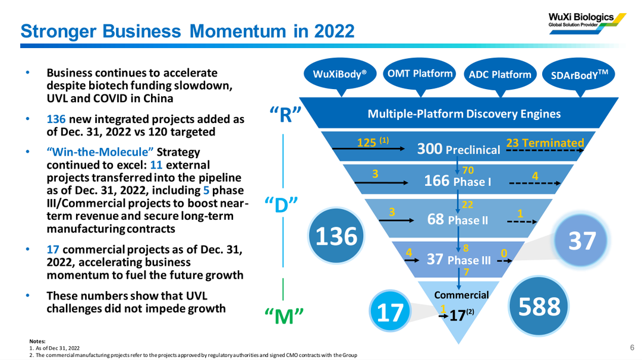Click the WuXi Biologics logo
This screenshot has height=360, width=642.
click(587, 23)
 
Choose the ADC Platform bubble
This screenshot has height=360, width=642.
click(500, 75)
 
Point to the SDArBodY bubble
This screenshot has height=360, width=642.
click(579, 75)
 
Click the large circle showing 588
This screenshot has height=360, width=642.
click(539, 305)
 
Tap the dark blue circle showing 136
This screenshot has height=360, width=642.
click(336, 236)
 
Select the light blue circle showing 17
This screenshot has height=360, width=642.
click(389, 312)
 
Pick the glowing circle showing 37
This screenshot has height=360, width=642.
click(582, 240)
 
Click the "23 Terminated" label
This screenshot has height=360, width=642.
click(545, 143)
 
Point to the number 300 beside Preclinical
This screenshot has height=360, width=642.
click(430, 149)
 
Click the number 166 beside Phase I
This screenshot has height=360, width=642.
click(436, 181)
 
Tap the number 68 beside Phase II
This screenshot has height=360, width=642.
click(436, 219)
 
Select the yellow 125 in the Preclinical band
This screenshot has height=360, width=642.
click(366, 143)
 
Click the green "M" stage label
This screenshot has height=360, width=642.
click(284, 316)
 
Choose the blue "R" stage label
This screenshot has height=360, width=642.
click(285, 115)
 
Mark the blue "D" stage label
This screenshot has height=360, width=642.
click(281, 205)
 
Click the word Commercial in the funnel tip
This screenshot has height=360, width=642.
click(461, 295)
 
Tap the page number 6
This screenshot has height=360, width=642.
click(632, 348)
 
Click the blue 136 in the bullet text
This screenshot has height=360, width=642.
click(56, 119)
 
